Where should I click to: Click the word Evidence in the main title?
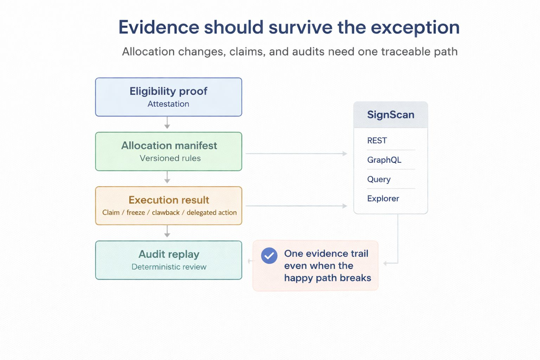point(159,27)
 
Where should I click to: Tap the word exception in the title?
point(415,27)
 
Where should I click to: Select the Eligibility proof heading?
point(168,91)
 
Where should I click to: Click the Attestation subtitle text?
point(168,104)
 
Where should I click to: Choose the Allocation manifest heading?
point(169,146)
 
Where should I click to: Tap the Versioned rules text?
point(170,158)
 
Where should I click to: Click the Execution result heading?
point(169,200)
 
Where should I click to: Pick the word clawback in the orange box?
point(166,213)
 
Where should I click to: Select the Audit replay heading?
point(169,254)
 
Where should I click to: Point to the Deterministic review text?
point(169,267)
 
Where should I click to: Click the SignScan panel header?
point(391,115)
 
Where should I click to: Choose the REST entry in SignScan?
point(377,141)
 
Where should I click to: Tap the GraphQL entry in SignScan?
point(384,160)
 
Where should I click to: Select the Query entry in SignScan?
point(379,179)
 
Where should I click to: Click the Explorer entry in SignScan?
point(383,199)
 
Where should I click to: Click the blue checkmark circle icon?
point(269,256)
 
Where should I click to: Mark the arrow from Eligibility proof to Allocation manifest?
point(167,123)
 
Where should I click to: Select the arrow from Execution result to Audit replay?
point(167,232)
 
